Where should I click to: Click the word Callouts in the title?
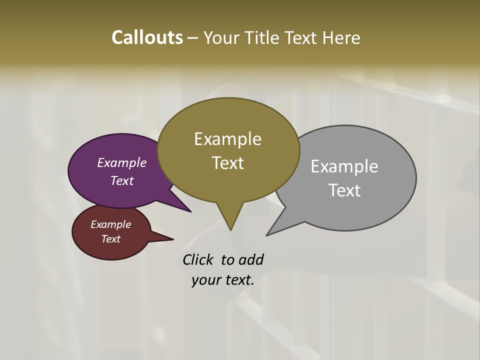coord(147,37)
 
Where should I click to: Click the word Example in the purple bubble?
coord(122,163)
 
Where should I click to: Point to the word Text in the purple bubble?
coord(122,180)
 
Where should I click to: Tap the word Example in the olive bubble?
coord(227,139)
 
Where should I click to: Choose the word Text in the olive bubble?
coord(228,163)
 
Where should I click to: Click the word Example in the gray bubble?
coord(344,166)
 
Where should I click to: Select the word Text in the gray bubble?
coord(344,190)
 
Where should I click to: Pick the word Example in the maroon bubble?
coord(111,224)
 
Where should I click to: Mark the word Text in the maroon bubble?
coord(111,239)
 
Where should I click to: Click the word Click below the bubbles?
coord(198,260)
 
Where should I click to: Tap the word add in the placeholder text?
coord(251,260)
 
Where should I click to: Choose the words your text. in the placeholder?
coord(223,280)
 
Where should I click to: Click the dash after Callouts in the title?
coord(193,38)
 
